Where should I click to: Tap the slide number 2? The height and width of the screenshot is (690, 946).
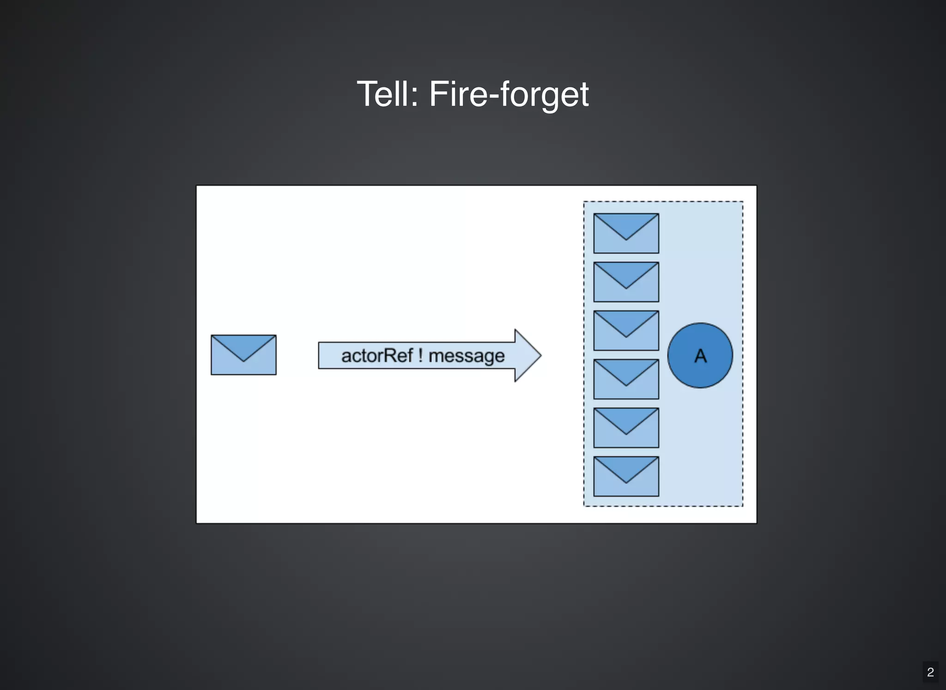tap(930, 672)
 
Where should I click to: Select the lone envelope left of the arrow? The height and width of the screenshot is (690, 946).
tap(243, 355)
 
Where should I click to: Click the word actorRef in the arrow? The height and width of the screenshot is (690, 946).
tap(377, 356)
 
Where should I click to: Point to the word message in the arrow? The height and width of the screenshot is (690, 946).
tap(467, 356)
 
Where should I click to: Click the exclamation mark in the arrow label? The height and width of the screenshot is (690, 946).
tap(420, 356)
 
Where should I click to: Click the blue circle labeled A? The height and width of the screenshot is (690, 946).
tap(700, 355)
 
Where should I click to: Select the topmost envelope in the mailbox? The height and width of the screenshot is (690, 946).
tap(626, 233)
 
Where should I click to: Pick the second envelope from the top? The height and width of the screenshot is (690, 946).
tap(626, 282)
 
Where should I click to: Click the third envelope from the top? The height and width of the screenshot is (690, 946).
tap(626, 331)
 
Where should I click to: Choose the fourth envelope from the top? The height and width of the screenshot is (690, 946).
tap(626, 379)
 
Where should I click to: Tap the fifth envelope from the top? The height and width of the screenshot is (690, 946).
tap(626, 428)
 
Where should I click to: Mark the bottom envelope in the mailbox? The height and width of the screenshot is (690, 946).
tap(626, 476)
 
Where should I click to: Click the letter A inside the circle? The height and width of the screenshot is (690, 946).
tap(700, 356)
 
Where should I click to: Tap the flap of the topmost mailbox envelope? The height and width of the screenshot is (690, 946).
tap(626, 224)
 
